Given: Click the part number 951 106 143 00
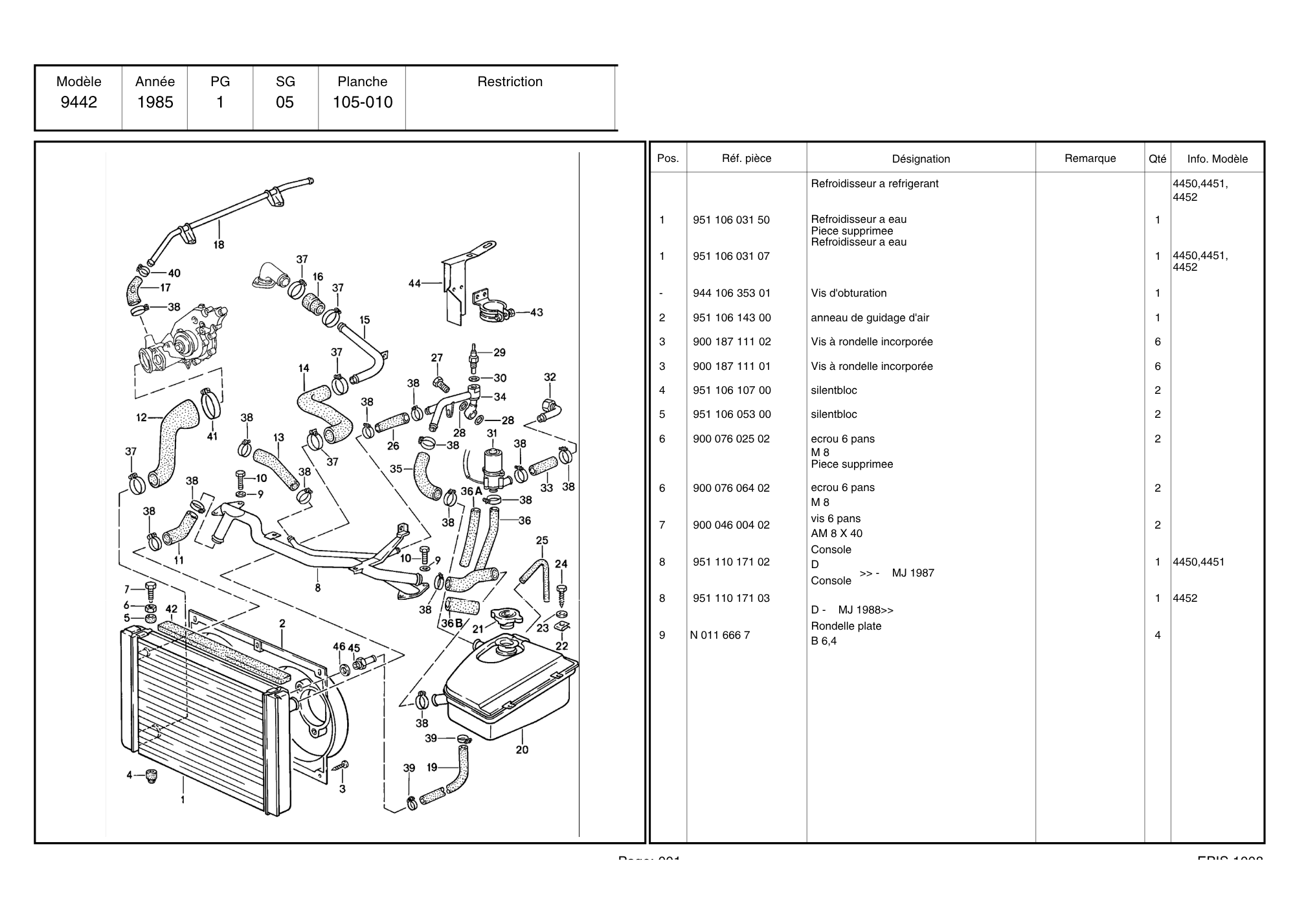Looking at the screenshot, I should coord(732,317).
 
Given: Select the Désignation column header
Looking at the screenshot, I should coord(921,159).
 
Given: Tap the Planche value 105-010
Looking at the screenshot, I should coord(363,102).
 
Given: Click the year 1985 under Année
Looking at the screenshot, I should coord(155,102).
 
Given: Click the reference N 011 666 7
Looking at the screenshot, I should coord(720,635).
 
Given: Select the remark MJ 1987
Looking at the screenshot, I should coord(913,573).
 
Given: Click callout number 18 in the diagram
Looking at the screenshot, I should coord(219,245).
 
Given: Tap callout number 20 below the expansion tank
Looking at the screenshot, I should coord(522,750).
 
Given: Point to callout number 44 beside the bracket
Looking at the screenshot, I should coord(415,283).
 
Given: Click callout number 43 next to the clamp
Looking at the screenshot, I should coord(536,312).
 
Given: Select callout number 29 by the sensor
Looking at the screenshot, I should coord(499,352).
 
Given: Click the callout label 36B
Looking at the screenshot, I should coord(451,623).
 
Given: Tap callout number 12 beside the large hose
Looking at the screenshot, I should coord(142,417).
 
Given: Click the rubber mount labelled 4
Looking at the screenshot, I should coord(152,775).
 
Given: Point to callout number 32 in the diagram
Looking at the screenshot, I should coord(550,377).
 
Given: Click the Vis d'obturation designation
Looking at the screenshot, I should coord(848,293).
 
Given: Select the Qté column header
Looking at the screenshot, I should coord(1157,159).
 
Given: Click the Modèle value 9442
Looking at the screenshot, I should coord(79,102).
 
